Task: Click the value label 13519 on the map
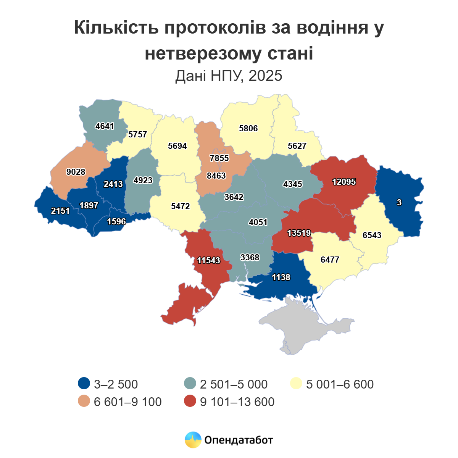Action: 299,232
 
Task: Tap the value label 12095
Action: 344,182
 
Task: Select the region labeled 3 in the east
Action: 399,202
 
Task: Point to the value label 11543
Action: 208,260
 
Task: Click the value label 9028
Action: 76,172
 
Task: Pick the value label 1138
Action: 281,277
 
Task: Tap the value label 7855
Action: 219,158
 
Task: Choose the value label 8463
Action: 216,176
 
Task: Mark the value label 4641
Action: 105,126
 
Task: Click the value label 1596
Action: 116,221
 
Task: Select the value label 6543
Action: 372,235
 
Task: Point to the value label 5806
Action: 248,128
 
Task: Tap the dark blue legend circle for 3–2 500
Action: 84,384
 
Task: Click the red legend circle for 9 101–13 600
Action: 190,402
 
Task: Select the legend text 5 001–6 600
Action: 340,384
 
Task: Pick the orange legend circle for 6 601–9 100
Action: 84,402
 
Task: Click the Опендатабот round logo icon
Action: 193,440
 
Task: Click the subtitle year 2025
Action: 265,76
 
